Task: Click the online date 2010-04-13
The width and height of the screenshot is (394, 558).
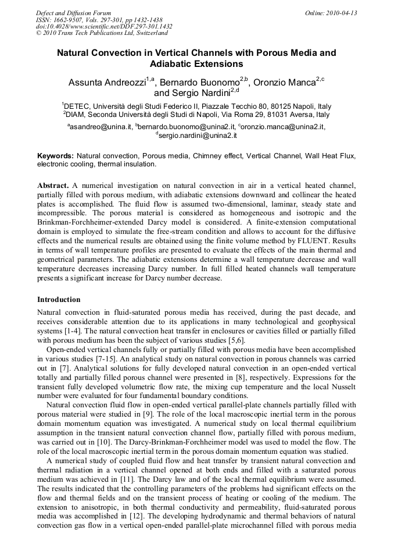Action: (342, 13)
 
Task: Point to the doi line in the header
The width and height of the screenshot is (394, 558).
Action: (104, 26)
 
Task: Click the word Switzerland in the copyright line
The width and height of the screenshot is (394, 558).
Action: (149, 33)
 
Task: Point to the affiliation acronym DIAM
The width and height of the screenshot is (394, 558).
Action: (76, 115)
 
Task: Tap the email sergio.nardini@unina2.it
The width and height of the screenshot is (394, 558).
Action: (197, 135)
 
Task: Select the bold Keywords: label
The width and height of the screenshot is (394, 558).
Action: (55, 156)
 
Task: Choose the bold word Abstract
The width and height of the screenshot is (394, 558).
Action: (53, 185)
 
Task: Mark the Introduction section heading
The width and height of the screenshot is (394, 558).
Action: (59, 300)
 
